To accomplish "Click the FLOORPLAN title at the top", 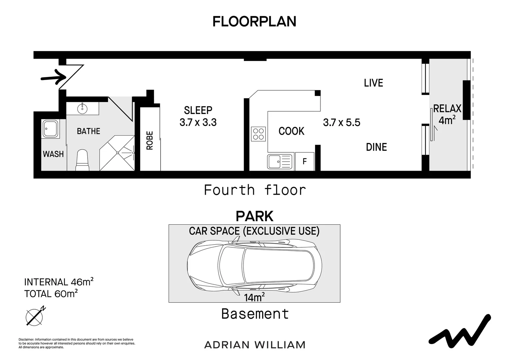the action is (254, 22).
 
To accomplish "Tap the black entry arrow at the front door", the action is (54, 77).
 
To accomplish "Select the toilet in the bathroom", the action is (82, 160).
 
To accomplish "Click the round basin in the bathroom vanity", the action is (82, 108).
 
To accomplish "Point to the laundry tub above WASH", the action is (50, 129).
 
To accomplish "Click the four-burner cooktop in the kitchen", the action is (258, 134).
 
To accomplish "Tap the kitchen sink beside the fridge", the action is (279, 162).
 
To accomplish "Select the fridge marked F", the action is (305, 161).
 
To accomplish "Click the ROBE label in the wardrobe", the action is (150, 140).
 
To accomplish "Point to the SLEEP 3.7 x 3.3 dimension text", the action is (198, 116).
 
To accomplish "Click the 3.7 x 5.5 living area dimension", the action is (341, 123).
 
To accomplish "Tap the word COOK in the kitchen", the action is (291, 131).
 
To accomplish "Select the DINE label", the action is (376, 147).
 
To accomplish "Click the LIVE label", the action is (373, 83).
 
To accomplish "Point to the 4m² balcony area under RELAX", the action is (447, 120).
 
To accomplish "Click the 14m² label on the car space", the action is (254, 297).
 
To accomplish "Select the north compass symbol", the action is (35, 317).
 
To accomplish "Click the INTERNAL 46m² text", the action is (59, 282).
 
